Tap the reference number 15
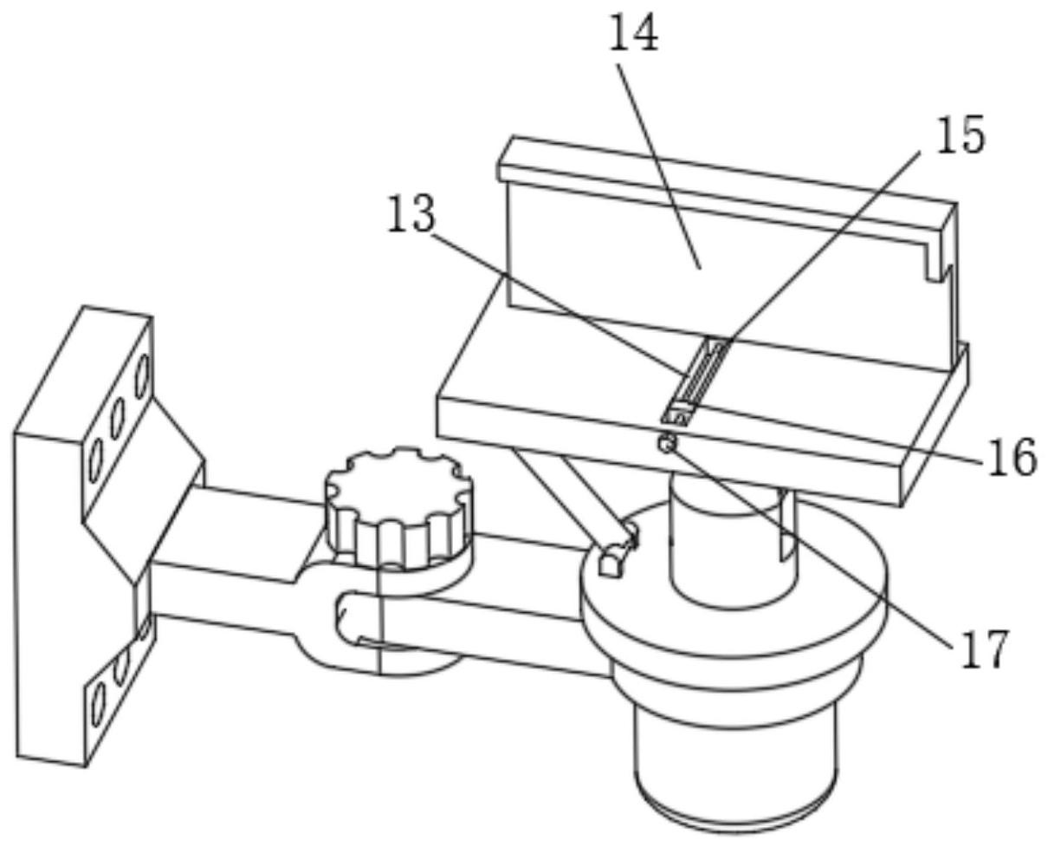[960, 134]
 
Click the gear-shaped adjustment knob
[398, 507]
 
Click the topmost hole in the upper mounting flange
[142, 377]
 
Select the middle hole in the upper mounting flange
[118, 419]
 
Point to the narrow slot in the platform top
[695, 379]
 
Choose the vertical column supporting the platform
[732, 542]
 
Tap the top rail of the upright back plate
[728, 183]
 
